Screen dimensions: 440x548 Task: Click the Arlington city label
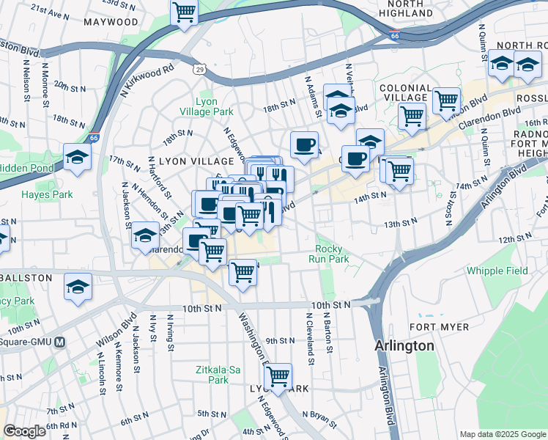404,345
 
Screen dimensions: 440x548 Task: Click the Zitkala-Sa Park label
218,375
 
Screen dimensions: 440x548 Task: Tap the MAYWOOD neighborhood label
111,22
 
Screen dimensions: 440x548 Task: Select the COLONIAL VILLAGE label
404,92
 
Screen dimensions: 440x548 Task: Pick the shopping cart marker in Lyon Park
278,376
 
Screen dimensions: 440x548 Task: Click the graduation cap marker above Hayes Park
78,156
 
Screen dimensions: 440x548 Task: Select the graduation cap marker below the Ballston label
78,287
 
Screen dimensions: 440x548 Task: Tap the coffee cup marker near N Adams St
304,144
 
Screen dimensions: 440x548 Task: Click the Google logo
25,431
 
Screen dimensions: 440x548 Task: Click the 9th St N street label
280,340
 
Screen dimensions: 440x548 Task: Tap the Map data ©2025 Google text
502,434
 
